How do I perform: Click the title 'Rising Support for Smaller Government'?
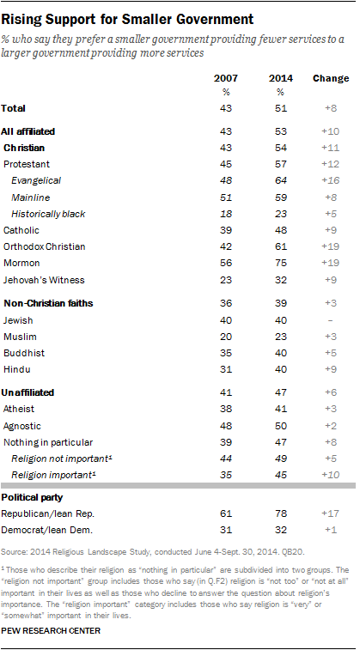tap(128, 17)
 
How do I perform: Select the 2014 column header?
tap(280, 78)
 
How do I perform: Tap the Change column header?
tap(331, 78)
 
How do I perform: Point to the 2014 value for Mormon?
tap(280, 262)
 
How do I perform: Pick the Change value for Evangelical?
tap(331, 180)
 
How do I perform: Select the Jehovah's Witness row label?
tap(44, 278)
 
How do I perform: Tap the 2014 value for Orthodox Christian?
tap(280, 246)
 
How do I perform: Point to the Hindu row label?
tap(16, 368)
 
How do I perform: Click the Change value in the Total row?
tap(331, 108)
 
